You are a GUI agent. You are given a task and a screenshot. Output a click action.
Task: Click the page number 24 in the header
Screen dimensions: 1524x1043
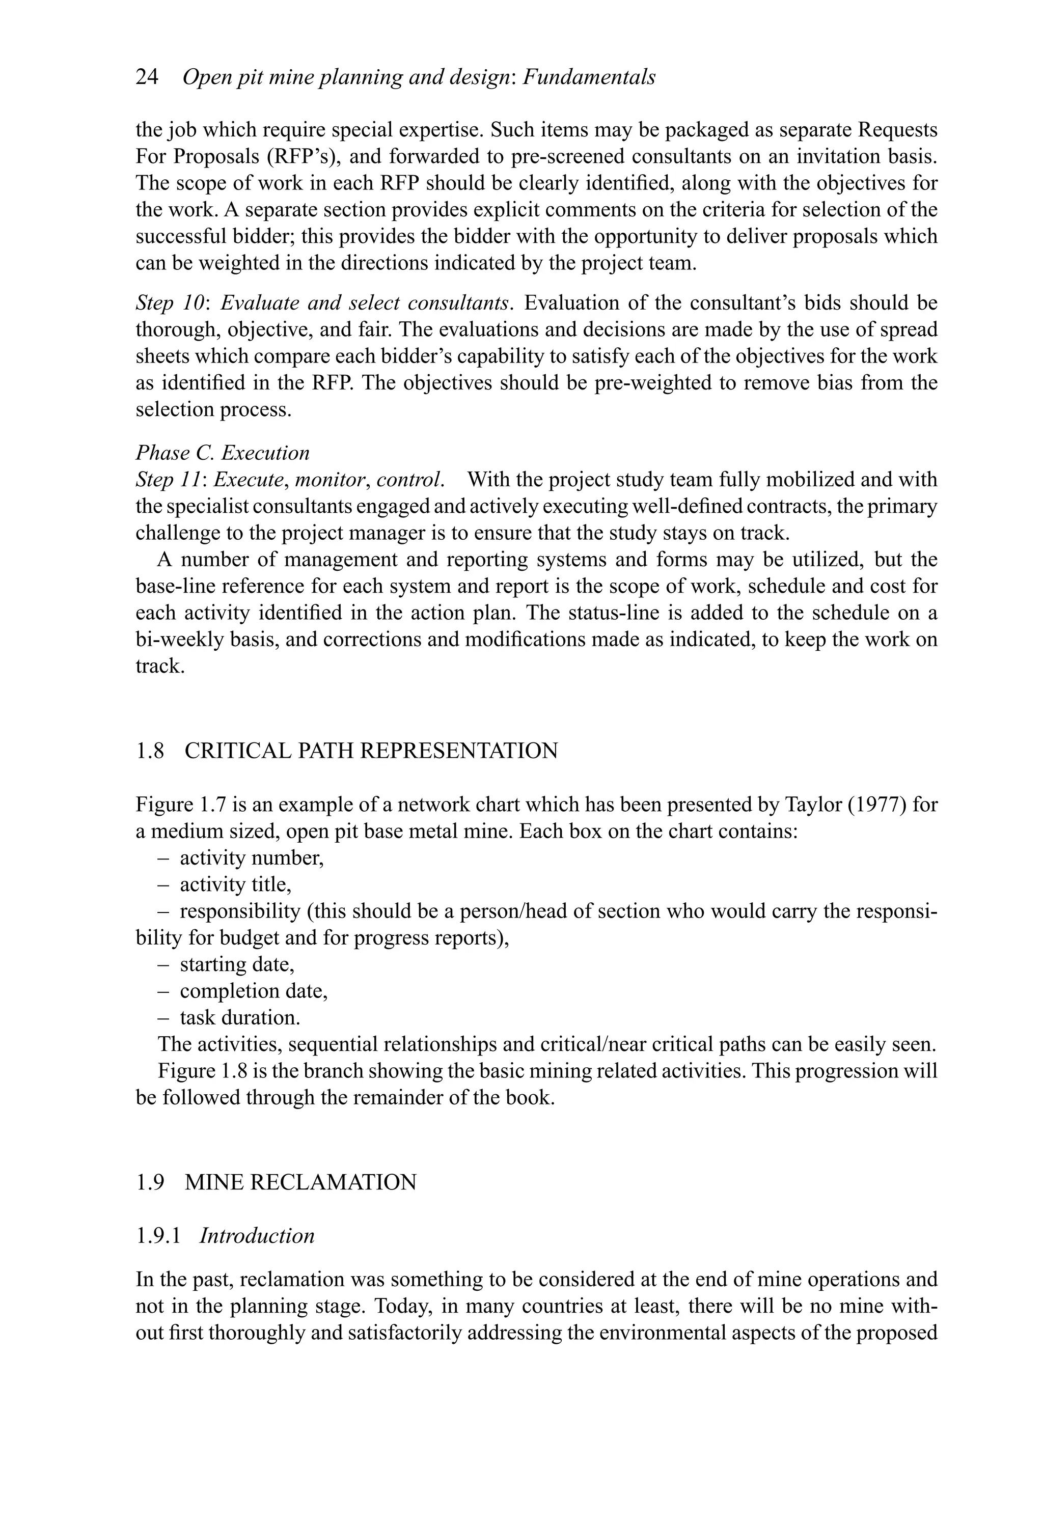(x=147, y=77)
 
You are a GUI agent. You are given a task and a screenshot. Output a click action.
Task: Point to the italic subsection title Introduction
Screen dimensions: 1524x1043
(x=257, y=1235)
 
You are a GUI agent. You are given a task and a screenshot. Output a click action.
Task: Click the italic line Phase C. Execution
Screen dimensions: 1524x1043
(x=223, y=453)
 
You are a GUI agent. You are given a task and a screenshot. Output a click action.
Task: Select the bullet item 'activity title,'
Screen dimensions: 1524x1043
(x=235, y=884)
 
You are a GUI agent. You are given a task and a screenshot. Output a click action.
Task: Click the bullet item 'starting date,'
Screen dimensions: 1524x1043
(x=237, y=964)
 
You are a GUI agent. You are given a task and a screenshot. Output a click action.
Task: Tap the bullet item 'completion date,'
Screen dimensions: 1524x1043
(x=253, y=991)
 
